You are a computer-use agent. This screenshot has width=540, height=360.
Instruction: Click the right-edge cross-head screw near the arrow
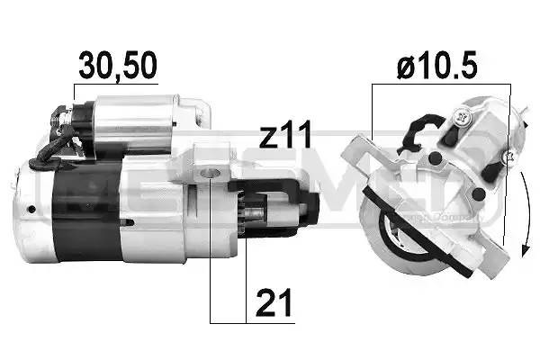pyautogui.click(x=509, y=158)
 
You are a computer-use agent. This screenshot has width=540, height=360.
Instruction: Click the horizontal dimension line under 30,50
pyautogui.click(x=117, y=84)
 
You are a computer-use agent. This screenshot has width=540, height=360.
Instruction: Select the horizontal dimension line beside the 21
pyautogui.click(x=228, y=321)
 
